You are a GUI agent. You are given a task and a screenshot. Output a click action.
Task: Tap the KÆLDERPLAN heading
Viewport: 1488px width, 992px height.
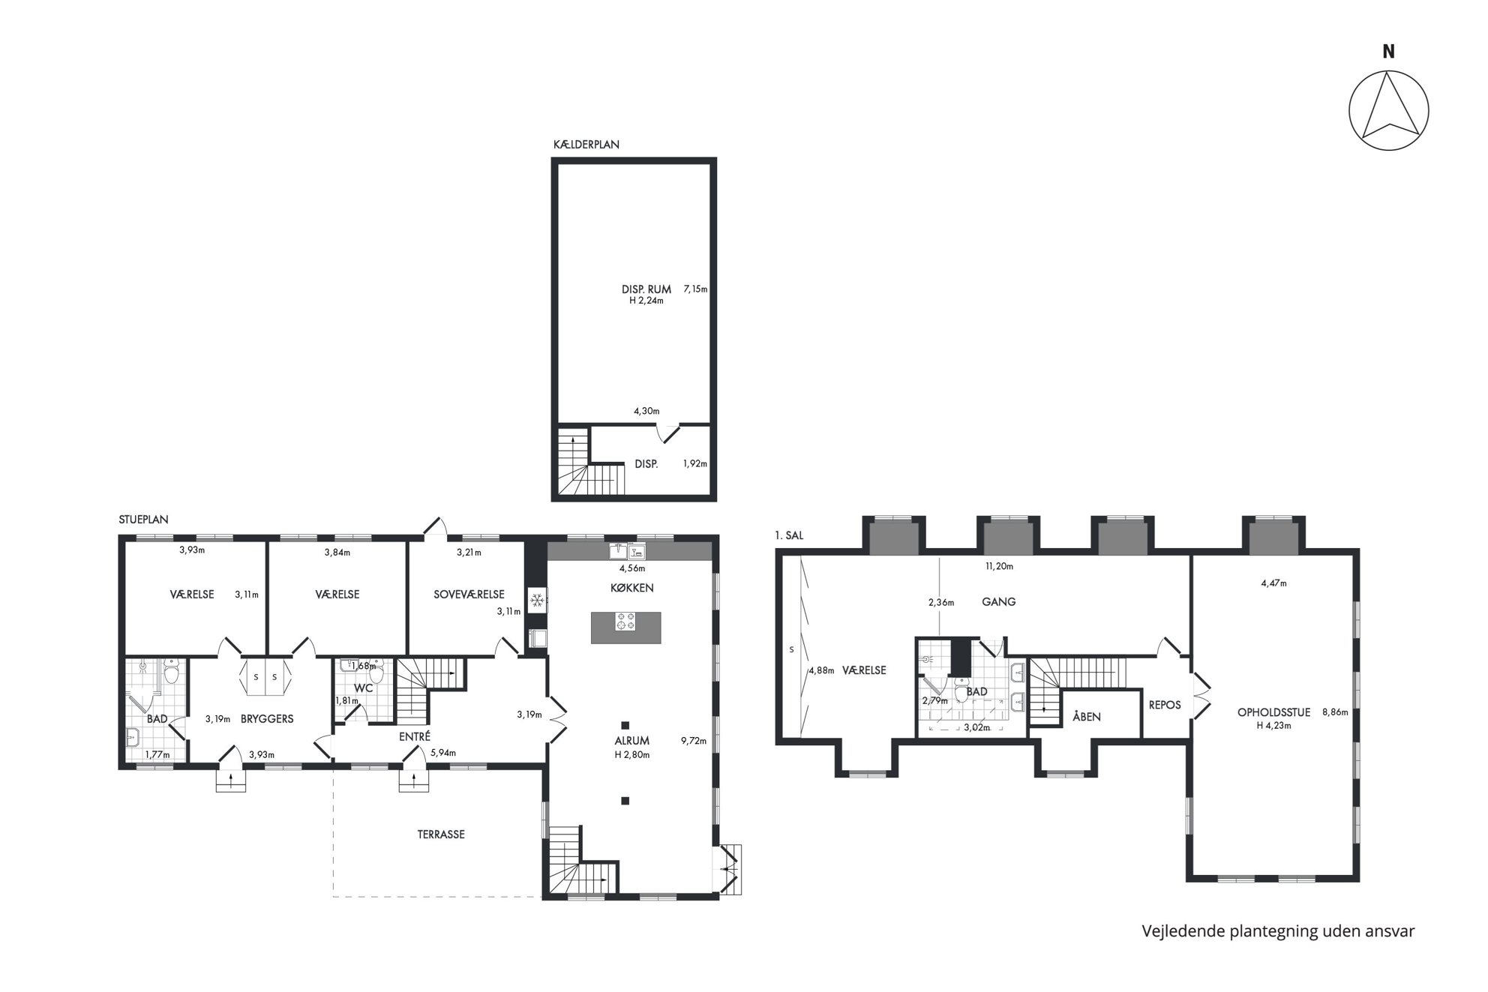tap(586, 145)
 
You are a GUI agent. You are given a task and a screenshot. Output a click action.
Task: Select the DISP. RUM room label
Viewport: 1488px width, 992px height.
tap(646, 289)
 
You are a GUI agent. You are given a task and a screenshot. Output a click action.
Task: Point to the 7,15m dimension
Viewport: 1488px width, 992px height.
tap(695, 289)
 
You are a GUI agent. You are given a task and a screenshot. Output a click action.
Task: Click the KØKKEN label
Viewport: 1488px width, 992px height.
tap(631, 588)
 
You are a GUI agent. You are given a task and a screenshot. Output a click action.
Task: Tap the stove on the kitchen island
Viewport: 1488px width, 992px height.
tap(625, 622)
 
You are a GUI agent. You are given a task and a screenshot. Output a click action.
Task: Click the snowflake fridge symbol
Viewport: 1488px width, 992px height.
tap(536, 600)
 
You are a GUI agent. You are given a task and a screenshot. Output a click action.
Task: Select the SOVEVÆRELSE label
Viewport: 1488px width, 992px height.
tap(469, 595)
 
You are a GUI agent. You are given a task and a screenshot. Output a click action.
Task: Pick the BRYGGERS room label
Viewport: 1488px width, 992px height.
tap(267, 718)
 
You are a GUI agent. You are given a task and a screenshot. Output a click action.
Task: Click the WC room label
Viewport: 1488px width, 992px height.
tap(363, 688)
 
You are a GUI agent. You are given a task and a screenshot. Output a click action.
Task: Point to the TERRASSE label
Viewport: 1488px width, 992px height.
tap(441, 834)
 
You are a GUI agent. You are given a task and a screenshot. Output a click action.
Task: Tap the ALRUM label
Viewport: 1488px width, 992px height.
tap(631, 741)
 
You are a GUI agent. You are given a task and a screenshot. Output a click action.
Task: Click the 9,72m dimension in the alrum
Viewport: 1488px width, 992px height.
tap(694, 741)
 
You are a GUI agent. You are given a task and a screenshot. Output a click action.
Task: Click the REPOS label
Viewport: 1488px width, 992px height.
tap(1165, 705)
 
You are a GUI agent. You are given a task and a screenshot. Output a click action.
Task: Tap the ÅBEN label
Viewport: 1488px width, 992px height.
tap(1087, 717)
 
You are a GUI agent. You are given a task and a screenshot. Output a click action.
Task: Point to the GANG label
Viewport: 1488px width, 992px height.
tap(999, 601)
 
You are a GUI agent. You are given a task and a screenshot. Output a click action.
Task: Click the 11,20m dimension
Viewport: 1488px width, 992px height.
tap(999, 567)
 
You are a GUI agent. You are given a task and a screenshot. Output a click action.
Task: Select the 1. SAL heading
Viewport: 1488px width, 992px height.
tap(789, 535)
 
